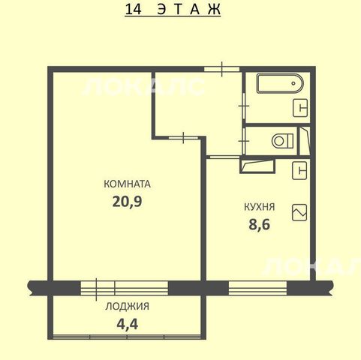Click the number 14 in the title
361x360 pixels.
pos(134,10)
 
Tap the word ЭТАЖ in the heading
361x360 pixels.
pos(189,10)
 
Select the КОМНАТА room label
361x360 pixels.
pos(127,184)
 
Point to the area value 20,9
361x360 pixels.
pos(127,201)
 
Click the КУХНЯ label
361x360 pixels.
pos(260,207)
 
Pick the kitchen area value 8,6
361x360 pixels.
pos(260,224)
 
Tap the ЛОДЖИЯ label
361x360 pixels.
pos(127,306)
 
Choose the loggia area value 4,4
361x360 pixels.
pos(128,324)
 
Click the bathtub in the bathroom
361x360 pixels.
pos(280,83)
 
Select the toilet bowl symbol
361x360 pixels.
pos(283,141)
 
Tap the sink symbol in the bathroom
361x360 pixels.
pos(300,108)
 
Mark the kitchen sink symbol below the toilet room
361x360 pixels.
pos(299,170)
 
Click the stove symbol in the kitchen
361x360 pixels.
pos(299,213)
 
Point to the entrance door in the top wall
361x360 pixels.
pos(222,69)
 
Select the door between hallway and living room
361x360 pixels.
pos(183,138)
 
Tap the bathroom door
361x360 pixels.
pos(243,106)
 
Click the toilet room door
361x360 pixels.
pos(243,141)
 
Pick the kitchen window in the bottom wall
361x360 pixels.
pos(257,288)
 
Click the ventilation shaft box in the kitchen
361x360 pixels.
pos(257,165)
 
